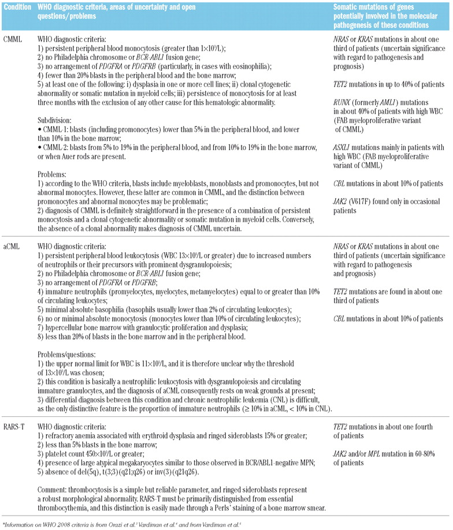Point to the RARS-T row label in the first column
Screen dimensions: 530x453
point(15,427)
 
